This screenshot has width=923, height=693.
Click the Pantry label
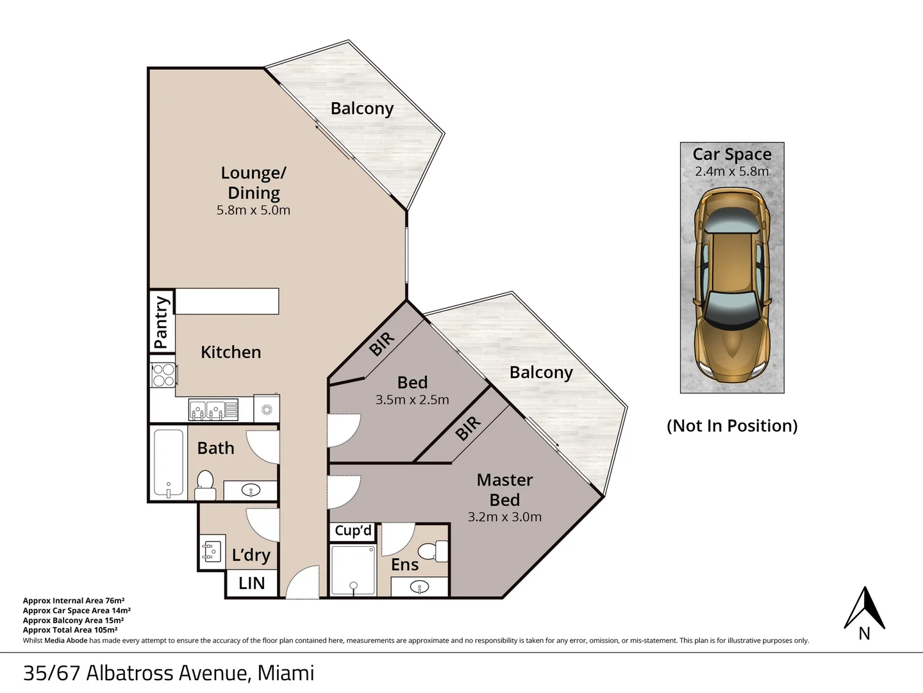coord(162,321)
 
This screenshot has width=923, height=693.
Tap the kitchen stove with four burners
coord(163,375)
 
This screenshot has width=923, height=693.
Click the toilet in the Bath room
coord(204,485)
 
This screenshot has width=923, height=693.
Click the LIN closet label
coord(251,583)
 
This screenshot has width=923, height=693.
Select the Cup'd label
coord(353,531)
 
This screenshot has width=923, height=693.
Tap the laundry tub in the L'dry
coord(212,552)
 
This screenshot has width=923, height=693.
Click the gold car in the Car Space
coord(732,282)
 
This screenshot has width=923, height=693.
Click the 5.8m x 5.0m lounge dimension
coord(253,210)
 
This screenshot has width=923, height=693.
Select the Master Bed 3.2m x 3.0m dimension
coord(504,517)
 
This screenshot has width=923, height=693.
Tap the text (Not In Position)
coord(732,426)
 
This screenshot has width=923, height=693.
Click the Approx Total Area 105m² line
coord(71,630)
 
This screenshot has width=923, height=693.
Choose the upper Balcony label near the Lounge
coord(362,108)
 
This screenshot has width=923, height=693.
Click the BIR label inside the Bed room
coord(382,343)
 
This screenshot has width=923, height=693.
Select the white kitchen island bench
coord(227,302)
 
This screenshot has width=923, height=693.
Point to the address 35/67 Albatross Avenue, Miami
coord(169,673)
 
